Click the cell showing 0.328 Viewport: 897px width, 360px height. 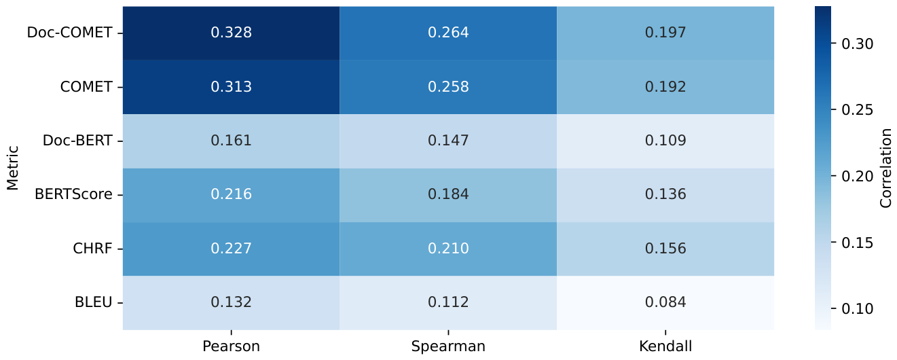click(x=231, y=33)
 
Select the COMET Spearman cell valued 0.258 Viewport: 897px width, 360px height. click(x=448, y=87)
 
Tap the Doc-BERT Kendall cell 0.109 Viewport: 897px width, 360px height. click(x=665, y=141)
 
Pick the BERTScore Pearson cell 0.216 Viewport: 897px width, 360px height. click(x=231, y=195)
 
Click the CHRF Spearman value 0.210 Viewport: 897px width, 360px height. click(x=448, y=249)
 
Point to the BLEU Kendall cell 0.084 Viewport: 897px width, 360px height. click(x=665, y=303)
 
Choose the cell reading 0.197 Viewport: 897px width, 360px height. click(x=665, y=33)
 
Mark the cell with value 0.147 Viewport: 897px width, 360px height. click(x=448, y=141)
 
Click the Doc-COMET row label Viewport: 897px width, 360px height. click(x=69, y=33)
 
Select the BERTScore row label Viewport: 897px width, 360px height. click(x=73, y=195)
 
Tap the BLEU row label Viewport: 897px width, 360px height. click(x=93, y=302)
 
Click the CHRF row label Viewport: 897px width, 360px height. click(x=92, y=249)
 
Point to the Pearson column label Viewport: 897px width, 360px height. click(x=231, y=346)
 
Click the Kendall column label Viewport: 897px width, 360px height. click(x=665, y=346)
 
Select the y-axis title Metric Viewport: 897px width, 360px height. click(x=13, y=168)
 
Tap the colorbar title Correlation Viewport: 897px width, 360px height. click(x=885, y=168)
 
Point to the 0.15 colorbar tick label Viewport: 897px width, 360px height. click(x=858, y=243)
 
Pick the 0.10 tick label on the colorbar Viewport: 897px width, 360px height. click(x=858, y=309)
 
